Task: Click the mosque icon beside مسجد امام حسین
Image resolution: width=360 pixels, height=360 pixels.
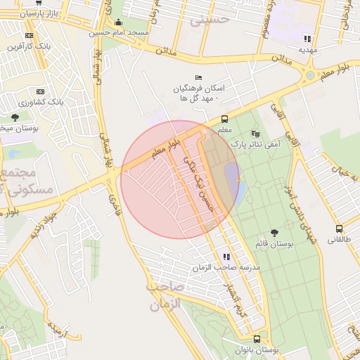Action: (x=117, y=22)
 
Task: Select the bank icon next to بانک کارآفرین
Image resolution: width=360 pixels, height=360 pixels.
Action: (x=28, y=35)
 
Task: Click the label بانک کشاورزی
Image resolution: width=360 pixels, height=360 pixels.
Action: (x=41, y=103)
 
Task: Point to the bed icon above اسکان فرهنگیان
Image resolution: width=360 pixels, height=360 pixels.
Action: (x=198, y=77)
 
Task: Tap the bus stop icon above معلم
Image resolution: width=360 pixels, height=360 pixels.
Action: (x=224, y=119)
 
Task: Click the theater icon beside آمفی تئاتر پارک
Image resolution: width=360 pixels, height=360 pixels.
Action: (x=255, y=132)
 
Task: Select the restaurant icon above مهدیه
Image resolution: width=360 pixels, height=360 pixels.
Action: (x=307, y=39)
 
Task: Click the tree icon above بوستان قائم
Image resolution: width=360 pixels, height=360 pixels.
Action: (x=274, y=233)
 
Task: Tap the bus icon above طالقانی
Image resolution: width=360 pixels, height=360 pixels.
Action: (x=340, y=229)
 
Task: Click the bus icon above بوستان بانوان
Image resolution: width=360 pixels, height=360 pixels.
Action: (x=256, y=338)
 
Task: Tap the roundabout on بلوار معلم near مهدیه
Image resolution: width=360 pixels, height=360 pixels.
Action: (x=310, y=75)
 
